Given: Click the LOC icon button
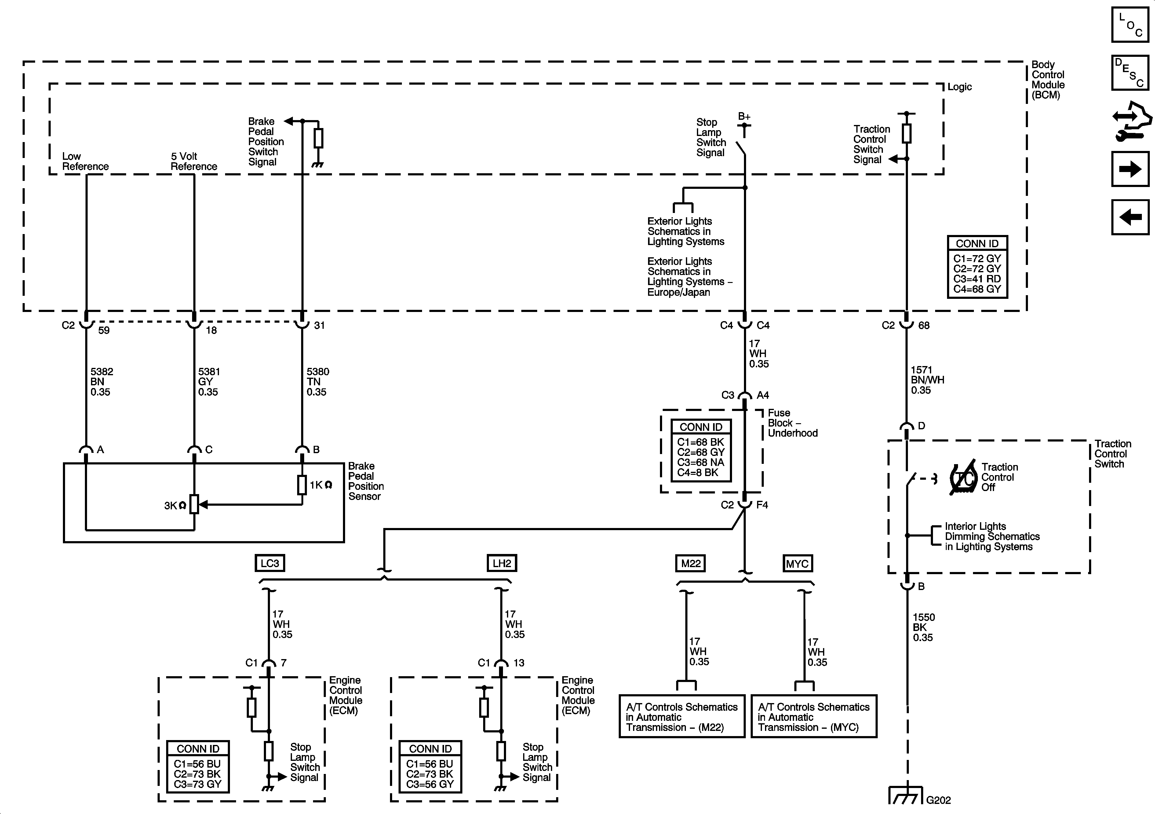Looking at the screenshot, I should [1130, 25].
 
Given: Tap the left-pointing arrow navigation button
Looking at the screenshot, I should [1130, 217].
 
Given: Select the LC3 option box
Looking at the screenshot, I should [270, 563].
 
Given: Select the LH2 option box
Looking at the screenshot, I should [501, 563].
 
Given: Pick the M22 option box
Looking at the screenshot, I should [690, 563].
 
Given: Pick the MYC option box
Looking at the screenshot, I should [797, 564].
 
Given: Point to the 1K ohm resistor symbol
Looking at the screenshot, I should [302, 485].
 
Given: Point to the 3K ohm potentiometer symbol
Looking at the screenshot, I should [194, 504].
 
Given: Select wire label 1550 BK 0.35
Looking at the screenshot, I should [923, 627].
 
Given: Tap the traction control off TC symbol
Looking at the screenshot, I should [963, 479].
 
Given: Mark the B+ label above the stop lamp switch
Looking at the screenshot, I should [744, 117].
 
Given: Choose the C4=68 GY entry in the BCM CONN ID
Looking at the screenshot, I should [977, 289].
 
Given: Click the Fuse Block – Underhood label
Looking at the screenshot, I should [792, 423].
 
